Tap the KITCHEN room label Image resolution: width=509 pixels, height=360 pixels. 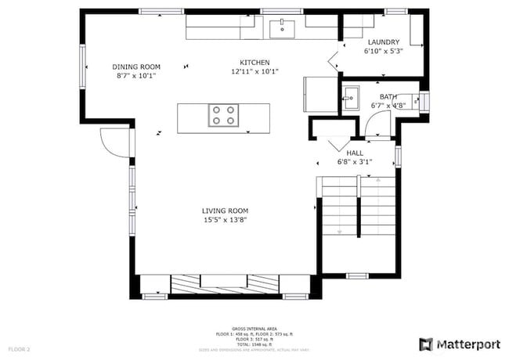254,62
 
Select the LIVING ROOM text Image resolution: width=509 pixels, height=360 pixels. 225,211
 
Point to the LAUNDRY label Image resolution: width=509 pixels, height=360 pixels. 383,42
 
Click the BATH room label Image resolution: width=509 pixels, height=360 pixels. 388,96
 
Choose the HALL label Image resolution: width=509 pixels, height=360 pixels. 355,153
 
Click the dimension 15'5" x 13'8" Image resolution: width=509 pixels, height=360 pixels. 225,220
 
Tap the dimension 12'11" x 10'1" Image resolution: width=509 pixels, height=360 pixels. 254,71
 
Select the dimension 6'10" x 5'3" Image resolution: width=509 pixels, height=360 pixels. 383,52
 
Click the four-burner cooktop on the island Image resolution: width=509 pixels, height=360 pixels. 223,116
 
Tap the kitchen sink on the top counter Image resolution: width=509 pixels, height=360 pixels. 282,30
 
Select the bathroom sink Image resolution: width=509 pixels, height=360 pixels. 350,99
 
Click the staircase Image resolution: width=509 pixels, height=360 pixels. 356,207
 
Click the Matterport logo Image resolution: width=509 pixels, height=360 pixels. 460,343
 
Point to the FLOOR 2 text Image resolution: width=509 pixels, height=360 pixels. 19,348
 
